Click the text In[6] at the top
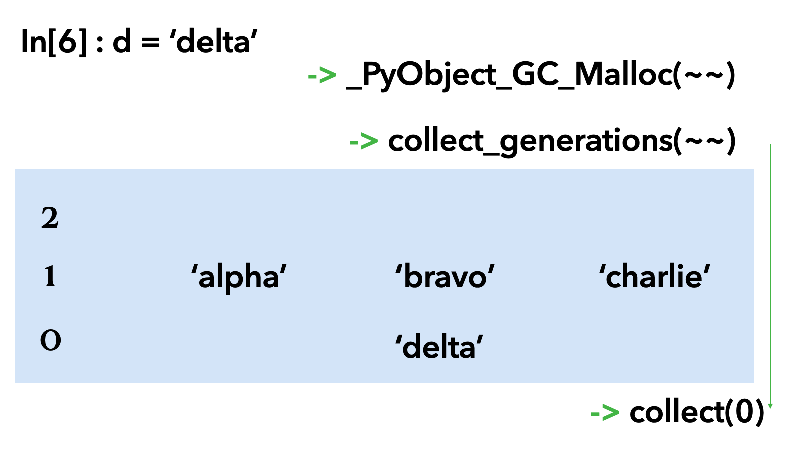point(54,41)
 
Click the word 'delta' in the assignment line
point(216,41)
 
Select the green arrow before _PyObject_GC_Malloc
point(322,76)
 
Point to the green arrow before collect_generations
point(363,141)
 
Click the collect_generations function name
point(530,141)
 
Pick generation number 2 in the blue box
point(50,218)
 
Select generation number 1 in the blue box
point(50,276)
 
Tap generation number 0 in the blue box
point(50,340)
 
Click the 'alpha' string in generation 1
point(239,277)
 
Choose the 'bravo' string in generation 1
point(445,277)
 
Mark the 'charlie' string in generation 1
point(654,277)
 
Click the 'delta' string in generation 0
point(439,347)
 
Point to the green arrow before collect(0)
point(605,413)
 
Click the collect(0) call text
point(696,413)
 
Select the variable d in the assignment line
point(122,41)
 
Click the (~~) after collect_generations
point(705,141)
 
